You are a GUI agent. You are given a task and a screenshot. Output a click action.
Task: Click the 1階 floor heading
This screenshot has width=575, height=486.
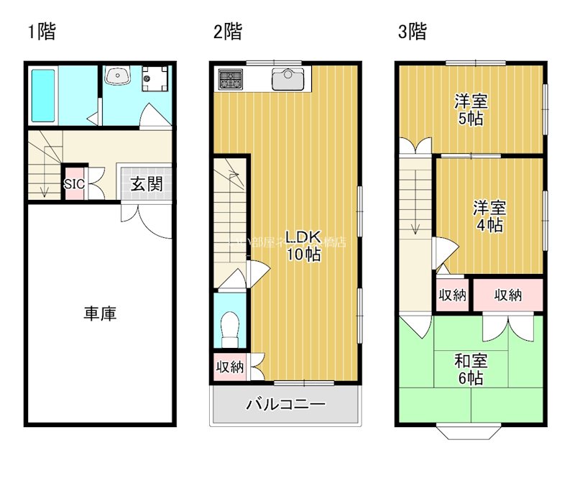[41, 32]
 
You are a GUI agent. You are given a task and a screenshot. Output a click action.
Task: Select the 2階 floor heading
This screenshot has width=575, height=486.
[227, 32]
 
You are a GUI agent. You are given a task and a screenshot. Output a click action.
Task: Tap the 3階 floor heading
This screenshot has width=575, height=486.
[413, 32]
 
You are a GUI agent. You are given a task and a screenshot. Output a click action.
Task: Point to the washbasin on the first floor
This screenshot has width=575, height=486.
[118, 75]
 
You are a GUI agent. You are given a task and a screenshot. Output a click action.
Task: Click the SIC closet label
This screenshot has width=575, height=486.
[75, 184]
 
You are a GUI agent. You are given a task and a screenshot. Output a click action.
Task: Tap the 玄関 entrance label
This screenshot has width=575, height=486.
[146, 184]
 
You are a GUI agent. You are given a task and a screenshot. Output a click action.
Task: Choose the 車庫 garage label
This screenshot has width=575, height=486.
[101, 313]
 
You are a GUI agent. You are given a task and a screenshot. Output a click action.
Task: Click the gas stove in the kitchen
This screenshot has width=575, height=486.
[231, 79]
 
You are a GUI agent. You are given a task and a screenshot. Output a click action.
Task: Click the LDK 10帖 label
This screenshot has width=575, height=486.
[303, 245]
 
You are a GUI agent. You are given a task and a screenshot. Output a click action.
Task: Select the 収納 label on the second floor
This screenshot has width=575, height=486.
[230, 367]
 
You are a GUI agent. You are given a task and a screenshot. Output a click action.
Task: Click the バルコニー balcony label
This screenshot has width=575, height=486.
[286, 404]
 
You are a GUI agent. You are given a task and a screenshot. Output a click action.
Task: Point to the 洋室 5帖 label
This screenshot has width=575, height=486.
[470, 109]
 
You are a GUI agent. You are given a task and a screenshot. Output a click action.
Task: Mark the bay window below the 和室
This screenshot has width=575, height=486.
[469, 432]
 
